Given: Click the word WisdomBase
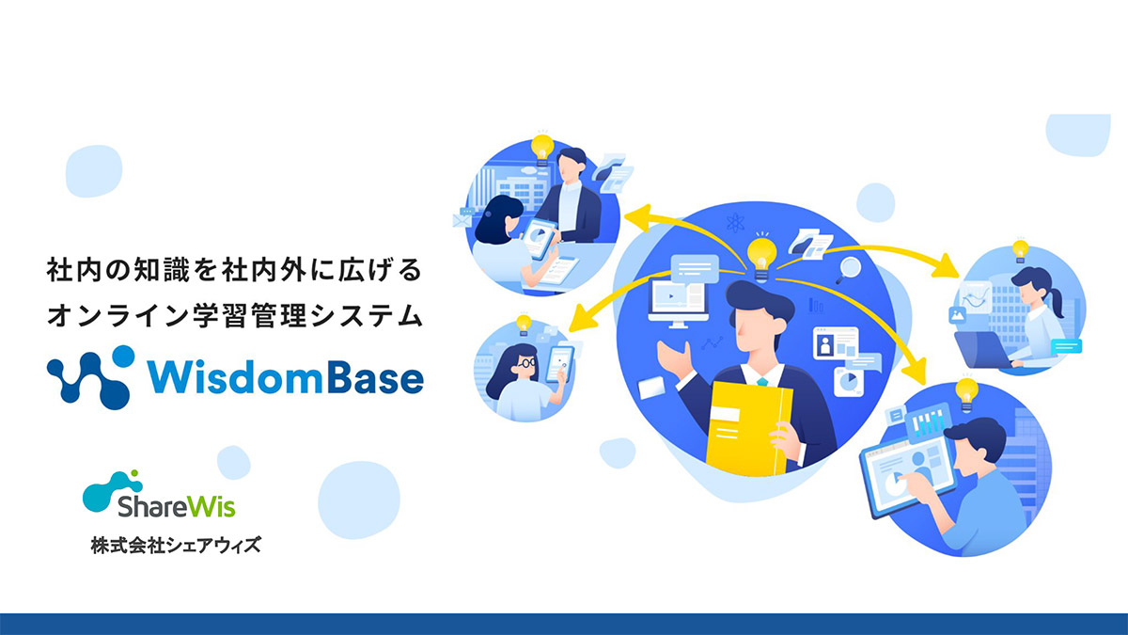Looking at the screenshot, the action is point(286,377).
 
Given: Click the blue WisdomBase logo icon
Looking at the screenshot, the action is point(91,376).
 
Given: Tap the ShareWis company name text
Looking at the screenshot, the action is point(177,506).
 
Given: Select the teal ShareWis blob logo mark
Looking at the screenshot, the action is point(112,490).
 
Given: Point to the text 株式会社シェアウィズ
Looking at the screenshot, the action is point(176,545).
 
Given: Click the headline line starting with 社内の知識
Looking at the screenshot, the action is point(234,270).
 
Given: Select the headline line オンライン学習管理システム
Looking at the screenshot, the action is point(235,315).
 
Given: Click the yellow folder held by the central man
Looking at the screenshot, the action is point(749,428).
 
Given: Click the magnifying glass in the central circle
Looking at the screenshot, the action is point(848,270).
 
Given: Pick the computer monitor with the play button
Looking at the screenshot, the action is point(678,302).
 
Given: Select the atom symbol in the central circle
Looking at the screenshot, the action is point(736,223).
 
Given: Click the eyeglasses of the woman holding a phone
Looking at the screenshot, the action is point(526,362).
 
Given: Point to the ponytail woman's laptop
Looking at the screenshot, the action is point(982,350).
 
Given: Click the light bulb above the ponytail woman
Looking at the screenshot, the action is point(1020,250).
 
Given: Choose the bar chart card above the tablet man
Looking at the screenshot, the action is point(928,420).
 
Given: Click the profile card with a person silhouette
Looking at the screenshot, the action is point(836,343).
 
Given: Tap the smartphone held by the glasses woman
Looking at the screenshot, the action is point(560,362).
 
